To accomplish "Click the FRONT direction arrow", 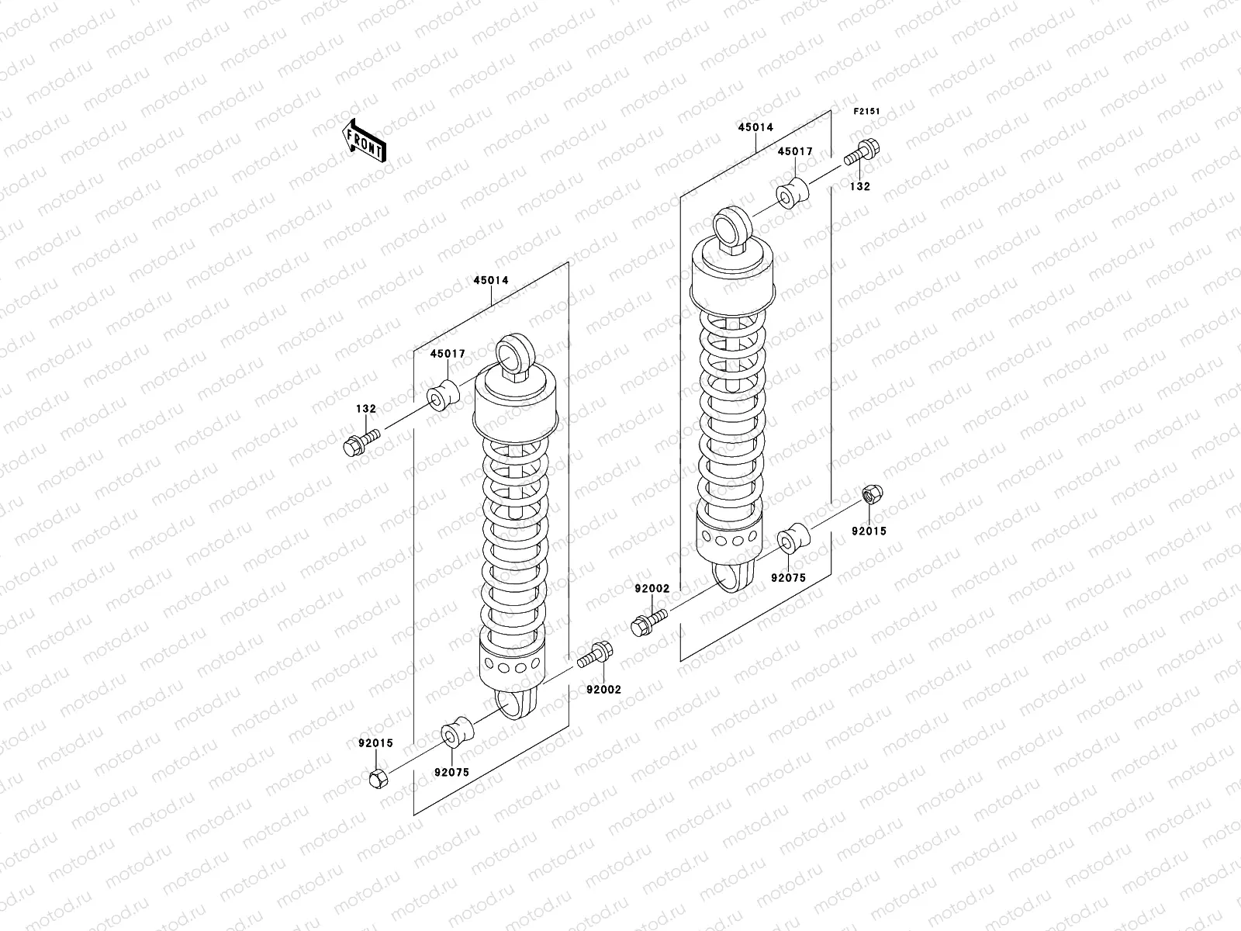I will (x=365, y=141).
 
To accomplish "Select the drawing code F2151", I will (x=866, y=112).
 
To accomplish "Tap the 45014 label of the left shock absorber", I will (x=491, y=281).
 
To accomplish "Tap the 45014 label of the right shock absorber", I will (x=755, y=127).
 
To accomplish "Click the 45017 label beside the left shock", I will (x=448, y=354).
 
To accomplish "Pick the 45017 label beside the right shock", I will (x=795, y=152).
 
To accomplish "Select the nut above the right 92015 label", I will (x=871, y=496).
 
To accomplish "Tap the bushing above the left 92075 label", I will (x=456, y=732).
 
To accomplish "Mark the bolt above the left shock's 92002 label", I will (x=596, y=656).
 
